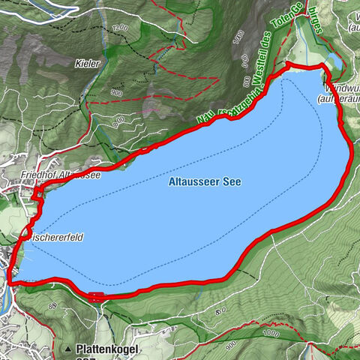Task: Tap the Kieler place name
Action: pyautogui.click(x=87, y=65)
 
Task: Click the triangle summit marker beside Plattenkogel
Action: pyautogui.click(x=67, y=349)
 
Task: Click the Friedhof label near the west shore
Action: pyautogui.click(x=40, y=175)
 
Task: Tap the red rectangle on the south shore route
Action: pyautogui.click(x=96, y=295)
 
